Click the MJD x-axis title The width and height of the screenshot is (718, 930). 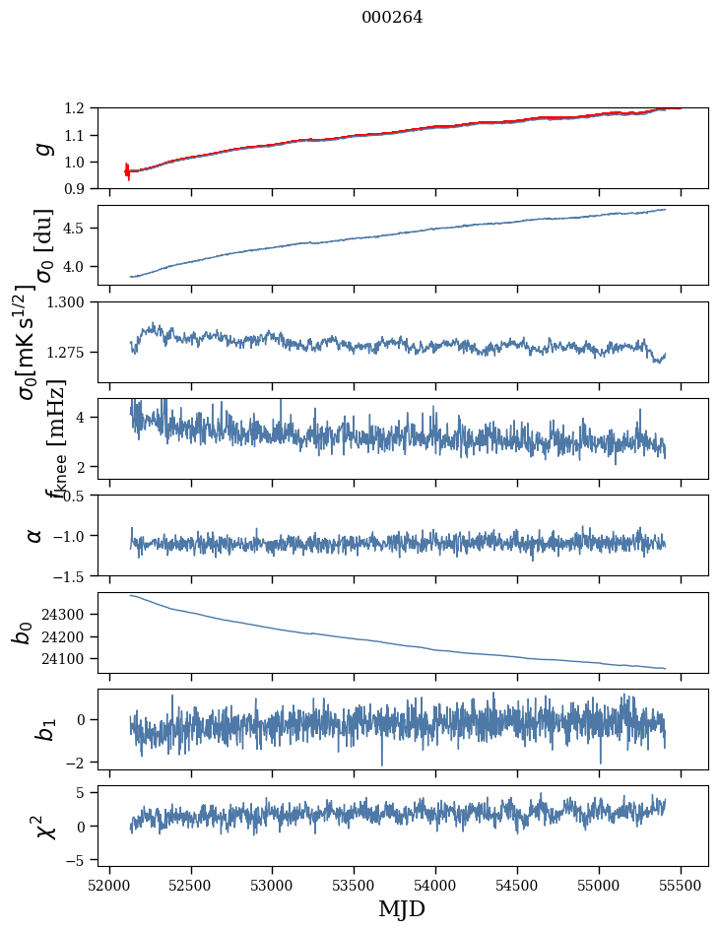402,909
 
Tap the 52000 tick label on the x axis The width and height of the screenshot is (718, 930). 109,884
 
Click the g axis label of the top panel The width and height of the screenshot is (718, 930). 41,148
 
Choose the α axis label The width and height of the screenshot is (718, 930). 35,535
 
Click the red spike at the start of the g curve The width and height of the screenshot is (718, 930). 127,170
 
